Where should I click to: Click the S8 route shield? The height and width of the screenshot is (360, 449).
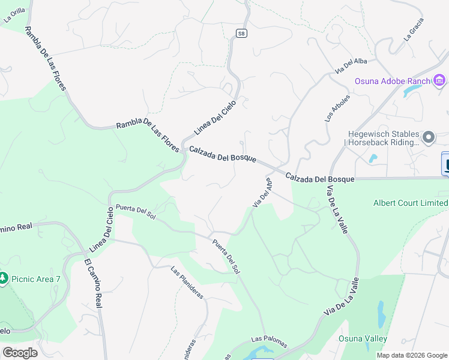(241, 34)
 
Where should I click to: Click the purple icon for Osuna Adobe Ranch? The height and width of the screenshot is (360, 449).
(439, 80)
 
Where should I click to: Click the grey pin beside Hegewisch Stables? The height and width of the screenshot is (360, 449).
(429, 138)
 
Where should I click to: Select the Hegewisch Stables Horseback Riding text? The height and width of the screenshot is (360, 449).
(383, 139)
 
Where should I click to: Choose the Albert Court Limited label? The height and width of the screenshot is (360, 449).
(411, 203)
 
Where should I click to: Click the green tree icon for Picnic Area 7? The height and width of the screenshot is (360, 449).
(4, 278)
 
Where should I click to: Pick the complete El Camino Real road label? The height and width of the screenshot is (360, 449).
(94, 284)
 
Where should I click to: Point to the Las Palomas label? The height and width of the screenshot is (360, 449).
(269, 341)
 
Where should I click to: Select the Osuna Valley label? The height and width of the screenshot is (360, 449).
(363, 338)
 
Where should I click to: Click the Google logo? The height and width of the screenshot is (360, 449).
(20, 353)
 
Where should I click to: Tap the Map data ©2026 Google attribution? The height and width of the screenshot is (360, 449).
(412, 355)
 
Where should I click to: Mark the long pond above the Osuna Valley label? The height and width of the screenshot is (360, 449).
(381, 312)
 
